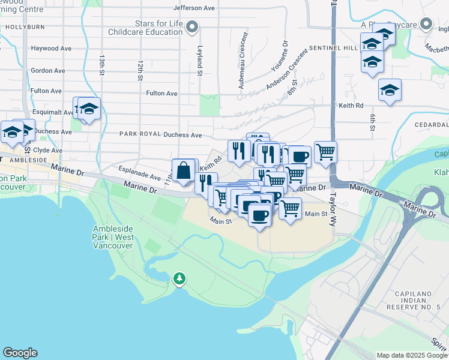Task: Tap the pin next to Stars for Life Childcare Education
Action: click(x=192, y=26)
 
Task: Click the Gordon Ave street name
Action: click(x=48, y=71)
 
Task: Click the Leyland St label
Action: click(x=199, y=62)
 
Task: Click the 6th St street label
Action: click(x=372, y=122)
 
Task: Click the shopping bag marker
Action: click(x=184, y=172)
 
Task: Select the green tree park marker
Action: click(x=179, y=278)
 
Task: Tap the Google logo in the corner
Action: click(x=20, y=353)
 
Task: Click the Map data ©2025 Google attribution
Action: click(x=412, y=355)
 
